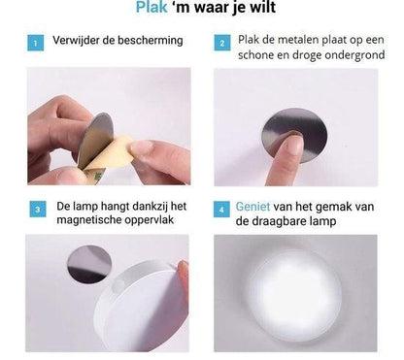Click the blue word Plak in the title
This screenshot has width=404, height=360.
click(x=151, y=7)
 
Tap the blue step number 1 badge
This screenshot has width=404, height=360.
click(x=35, y=43)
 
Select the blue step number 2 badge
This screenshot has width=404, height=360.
click(x=222, y=43)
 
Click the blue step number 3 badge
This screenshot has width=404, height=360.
click(x=38, y=209)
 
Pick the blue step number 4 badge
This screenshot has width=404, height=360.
click(x=221, y=210)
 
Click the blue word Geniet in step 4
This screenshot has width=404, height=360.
click(x=252, y=207)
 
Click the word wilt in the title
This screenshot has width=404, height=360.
click(x=262, y=7)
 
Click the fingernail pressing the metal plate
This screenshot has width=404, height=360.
click(x=294, y=143)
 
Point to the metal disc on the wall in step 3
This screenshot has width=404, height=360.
click(x=89, y=264)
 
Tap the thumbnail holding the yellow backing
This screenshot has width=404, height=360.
click(x=142, y=148)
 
